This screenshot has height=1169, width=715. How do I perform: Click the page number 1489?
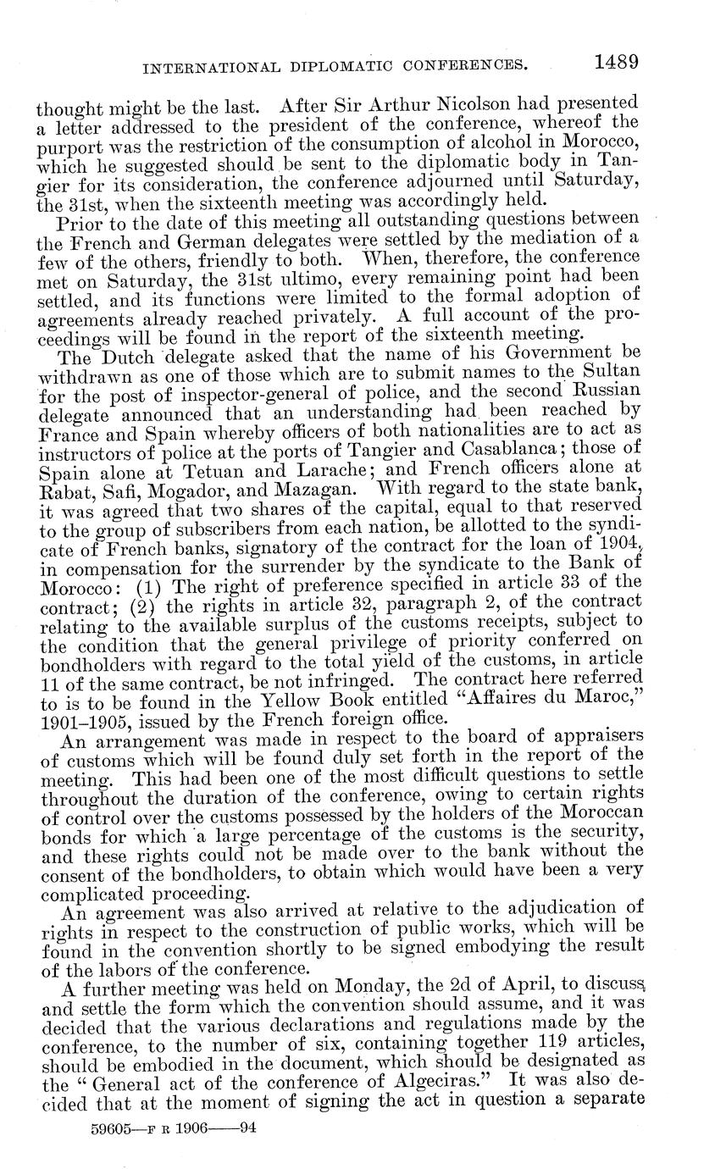click(x=615, y=61)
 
